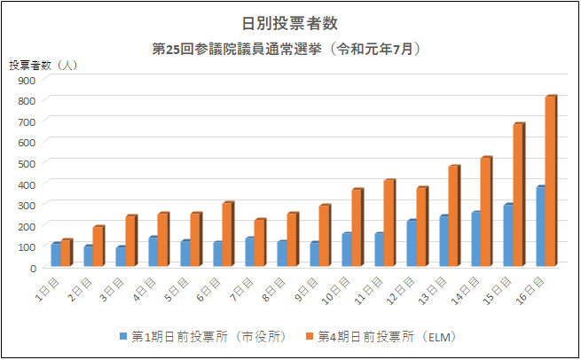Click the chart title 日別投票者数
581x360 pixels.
(290, 23)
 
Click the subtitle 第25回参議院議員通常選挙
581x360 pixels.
(237, 49)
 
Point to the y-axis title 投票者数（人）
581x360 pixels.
(43, 66)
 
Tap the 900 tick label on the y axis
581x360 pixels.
(27, 81)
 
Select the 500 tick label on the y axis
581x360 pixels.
(27, 164)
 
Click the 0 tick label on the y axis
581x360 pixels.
(33, 268)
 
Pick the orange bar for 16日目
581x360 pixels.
(551, 181)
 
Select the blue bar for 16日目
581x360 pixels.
(540, 226)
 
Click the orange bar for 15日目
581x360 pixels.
(519, 194)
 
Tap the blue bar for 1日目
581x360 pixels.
(56, 254)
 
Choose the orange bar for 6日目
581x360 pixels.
(228, 234)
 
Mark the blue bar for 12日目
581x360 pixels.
(412, 243)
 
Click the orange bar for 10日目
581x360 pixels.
(357, 227)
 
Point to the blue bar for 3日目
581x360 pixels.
(121, 256)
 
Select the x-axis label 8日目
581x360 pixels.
(273, 289)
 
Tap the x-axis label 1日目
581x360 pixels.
(47, 289)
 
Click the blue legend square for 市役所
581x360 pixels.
(123, 336)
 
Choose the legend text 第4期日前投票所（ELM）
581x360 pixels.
(388, 337)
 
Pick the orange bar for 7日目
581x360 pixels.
(261, 243)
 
